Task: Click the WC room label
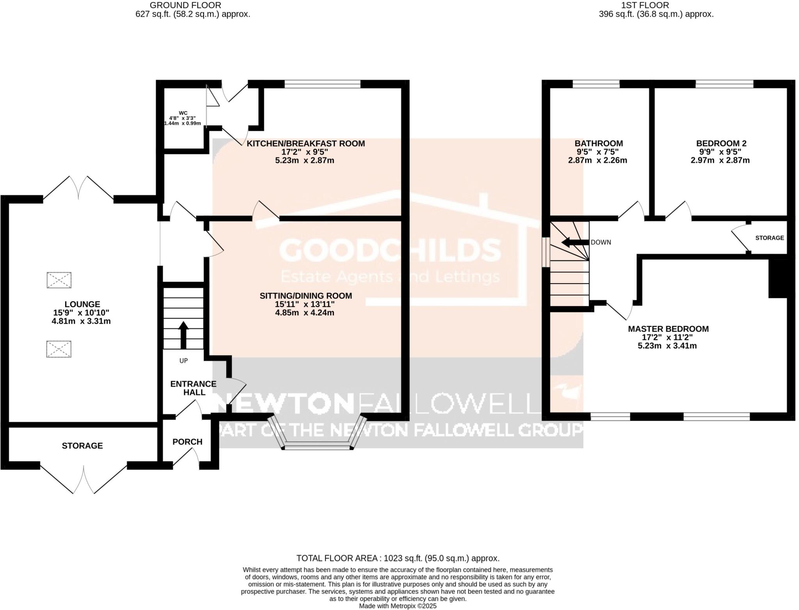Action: click(183, 113)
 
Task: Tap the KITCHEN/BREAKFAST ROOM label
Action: click(305, 144)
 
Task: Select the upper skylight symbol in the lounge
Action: click(59, 280)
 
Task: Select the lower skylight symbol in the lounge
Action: click(59, 349)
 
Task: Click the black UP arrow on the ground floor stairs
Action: click(183, 335)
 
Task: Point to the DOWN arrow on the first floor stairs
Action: click(574, 242)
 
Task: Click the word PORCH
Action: click(187, 442)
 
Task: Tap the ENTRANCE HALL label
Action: click(194, 388)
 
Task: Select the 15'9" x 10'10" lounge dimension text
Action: click(81, 312)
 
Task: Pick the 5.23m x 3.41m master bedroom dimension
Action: click(667, 346)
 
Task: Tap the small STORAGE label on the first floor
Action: click(769, 238)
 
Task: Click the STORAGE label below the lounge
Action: click(82, 445)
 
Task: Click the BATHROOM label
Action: click(598, 144)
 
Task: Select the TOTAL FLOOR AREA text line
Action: click(398, 558)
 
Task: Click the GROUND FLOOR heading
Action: click(185, 5)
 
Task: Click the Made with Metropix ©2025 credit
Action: click(398, 606)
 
